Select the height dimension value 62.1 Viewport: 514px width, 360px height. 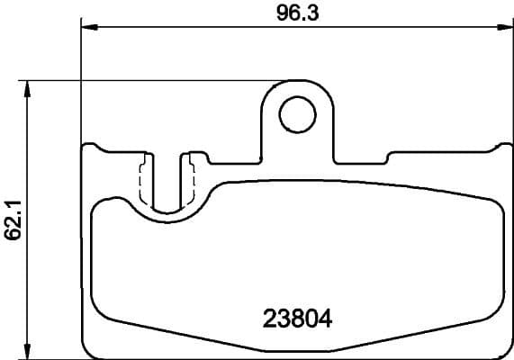(x=12, y=220)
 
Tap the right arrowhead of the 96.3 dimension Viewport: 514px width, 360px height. (x=505, y=27)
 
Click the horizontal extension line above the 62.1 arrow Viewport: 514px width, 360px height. (x=54, y=81)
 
